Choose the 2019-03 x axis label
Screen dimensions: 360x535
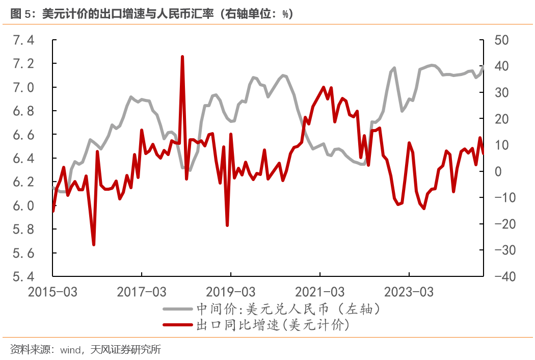(230, 292)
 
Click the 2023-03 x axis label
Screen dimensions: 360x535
(409, 292)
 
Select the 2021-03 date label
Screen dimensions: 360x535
(319, 292)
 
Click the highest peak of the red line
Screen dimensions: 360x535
(182, 57)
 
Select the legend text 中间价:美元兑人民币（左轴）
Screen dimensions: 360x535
(288, 310)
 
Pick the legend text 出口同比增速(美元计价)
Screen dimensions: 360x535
(275, 325)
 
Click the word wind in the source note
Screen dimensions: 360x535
(70, 350)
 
